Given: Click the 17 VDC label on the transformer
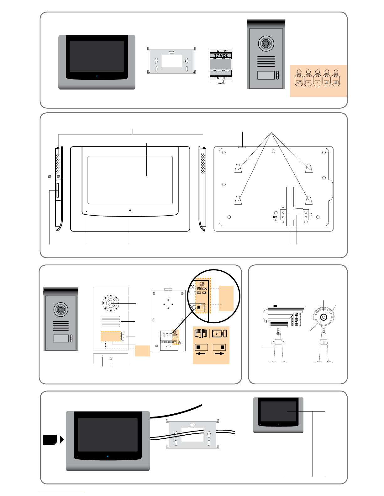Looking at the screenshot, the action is pos(221,56).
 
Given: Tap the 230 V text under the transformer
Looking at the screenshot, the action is pos(220,84).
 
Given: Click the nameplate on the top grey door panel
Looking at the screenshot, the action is pos(266,75).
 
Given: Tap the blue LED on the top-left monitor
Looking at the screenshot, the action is pos(97,76).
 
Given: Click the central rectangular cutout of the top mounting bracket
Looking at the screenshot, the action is pos(171,61).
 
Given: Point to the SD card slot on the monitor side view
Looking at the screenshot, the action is pos(57,190).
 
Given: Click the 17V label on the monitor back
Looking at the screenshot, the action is pos(275,217).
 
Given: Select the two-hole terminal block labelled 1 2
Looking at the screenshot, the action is pos(306,214).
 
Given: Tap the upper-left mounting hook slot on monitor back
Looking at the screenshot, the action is pos(238,168).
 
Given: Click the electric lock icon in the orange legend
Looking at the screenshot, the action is pos(219,333).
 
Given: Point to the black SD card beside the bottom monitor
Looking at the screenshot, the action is pos(50,440).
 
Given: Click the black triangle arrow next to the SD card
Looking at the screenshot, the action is pos(62,440).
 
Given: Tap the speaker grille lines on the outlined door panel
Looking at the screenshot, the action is pos(111,322).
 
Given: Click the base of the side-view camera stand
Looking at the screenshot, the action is pos(278,362).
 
